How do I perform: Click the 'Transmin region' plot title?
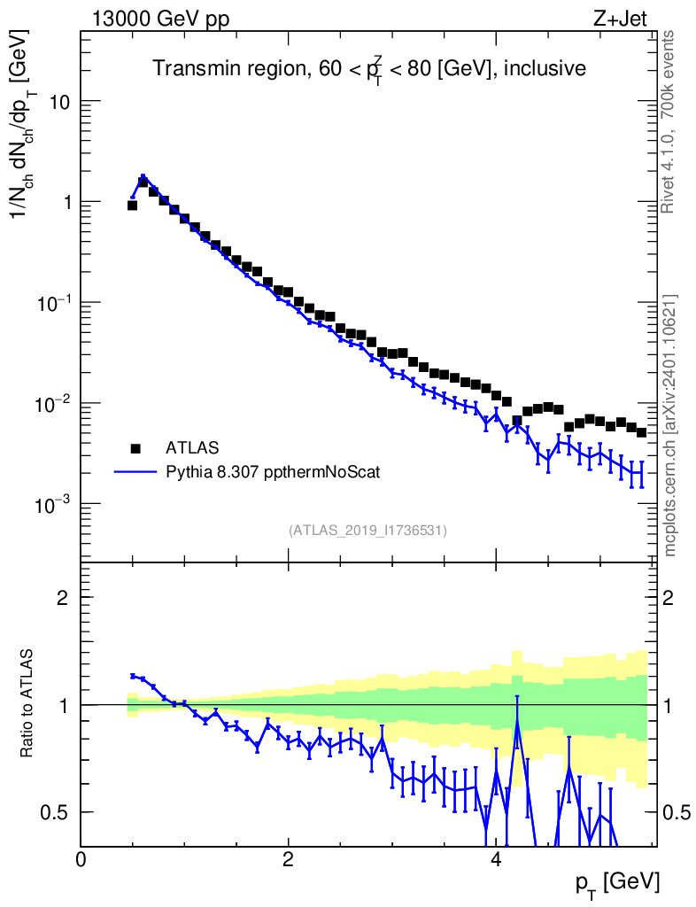click(368, 69)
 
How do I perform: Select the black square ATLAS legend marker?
click(135, 446)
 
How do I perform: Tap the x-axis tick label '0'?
click(81, 858)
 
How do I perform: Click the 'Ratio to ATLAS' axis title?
click(28, 704)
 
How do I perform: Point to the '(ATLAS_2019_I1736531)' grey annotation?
click(367, 531)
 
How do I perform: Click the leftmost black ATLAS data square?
click(132, 205)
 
